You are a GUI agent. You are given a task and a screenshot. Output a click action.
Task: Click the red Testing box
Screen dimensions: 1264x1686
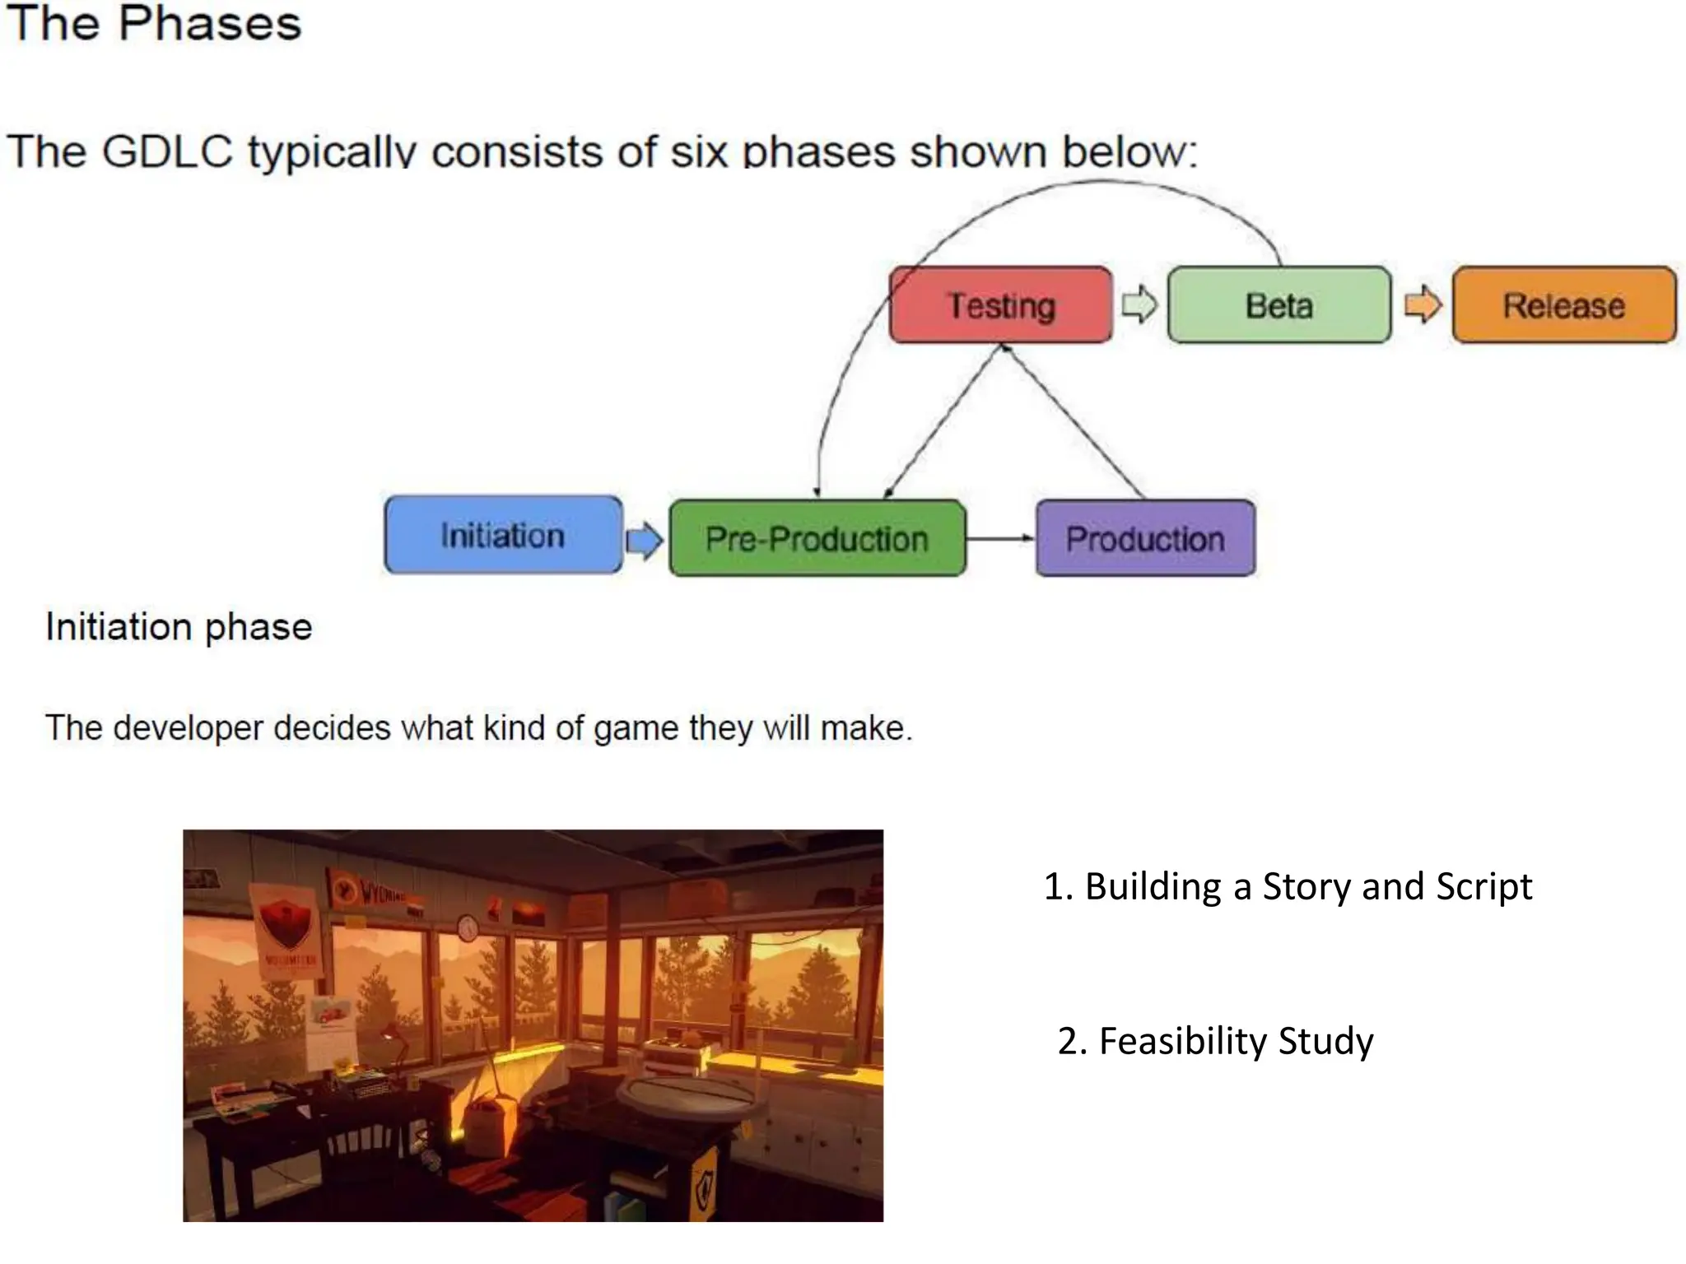tap(1000, 305)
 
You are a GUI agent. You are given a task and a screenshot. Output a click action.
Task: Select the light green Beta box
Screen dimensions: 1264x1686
tap(1278, 305)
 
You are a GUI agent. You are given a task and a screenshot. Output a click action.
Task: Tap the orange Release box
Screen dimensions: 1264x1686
tap(1563, 305)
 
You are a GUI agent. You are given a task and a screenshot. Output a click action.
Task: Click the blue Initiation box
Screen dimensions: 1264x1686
tap(502, 536)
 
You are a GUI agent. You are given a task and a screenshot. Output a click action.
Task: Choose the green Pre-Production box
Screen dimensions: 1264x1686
tap(817, 539)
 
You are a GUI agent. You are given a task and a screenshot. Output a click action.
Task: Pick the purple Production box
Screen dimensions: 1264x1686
tap(1145, 539)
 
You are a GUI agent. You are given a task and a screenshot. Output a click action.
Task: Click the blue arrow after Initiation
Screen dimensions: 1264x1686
tap(644, 541)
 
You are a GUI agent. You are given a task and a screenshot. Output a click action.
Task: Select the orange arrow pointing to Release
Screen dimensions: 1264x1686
tap(1422, 305)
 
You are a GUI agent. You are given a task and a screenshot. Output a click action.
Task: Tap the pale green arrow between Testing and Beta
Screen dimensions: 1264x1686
tap(1139, 305)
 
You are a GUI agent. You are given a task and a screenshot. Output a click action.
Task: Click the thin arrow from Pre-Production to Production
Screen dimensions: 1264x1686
tap(999, 538)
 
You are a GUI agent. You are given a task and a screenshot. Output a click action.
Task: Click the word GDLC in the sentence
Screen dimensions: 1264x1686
tap(168, 152)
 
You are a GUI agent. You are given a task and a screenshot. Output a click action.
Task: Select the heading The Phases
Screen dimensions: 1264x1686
tap(155, 23)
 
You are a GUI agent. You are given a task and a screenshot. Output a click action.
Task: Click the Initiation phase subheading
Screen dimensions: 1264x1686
tap(179, 627)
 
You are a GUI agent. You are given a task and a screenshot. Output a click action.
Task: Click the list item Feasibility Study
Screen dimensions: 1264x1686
tap(1216, 1041)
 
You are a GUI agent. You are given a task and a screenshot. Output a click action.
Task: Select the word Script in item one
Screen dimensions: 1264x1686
tap(1483, 887)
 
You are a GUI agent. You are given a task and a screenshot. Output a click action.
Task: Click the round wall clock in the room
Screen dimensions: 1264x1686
tap(468, 928)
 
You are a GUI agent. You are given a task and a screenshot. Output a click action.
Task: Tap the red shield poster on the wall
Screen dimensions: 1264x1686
tap(285, 926)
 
